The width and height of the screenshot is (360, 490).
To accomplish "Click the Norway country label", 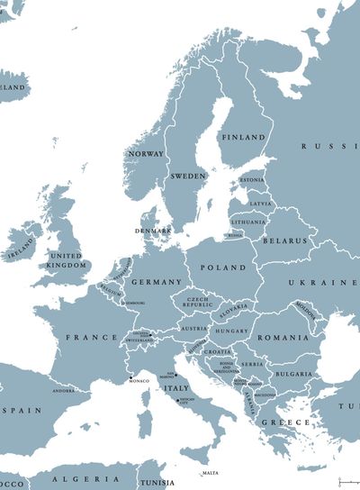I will click(x=146, y=154).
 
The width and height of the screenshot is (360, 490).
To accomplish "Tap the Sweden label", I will click(x=188, y=176).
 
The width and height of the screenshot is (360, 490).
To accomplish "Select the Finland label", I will click(x=243, y=138).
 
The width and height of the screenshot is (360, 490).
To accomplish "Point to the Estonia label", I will click(x=252, y=180).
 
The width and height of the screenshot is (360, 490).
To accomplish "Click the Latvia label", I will click(x=260, y=204).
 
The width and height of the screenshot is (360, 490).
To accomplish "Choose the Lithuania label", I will click(x=248, y=222).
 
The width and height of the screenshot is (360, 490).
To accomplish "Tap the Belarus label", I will click(x=284, y=240).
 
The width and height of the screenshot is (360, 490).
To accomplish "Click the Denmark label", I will click(x=152, y=231).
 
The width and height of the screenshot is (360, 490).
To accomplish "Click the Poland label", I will click(x=222, y=268).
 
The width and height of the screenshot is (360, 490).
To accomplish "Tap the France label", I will click(x=92, y=337).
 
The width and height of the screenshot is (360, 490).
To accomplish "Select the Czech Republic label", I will click(x=198, y=303).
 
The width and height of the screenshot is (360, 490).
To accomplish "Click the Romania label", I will click(x=283, y=337).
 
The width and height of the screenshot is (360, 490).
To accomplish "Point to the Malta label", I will click(x=211, y=473).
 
